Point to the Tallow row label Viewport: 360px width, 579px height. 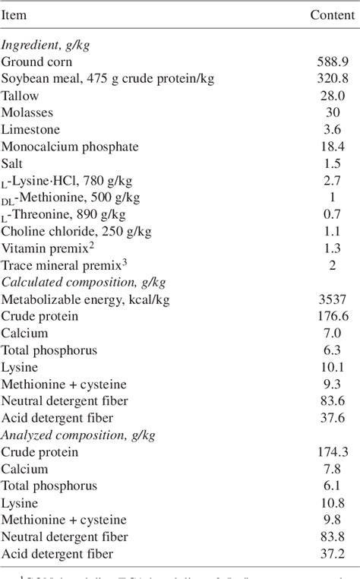pos(20,96)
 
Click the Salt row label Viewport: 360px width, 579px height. pos(13,163)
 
